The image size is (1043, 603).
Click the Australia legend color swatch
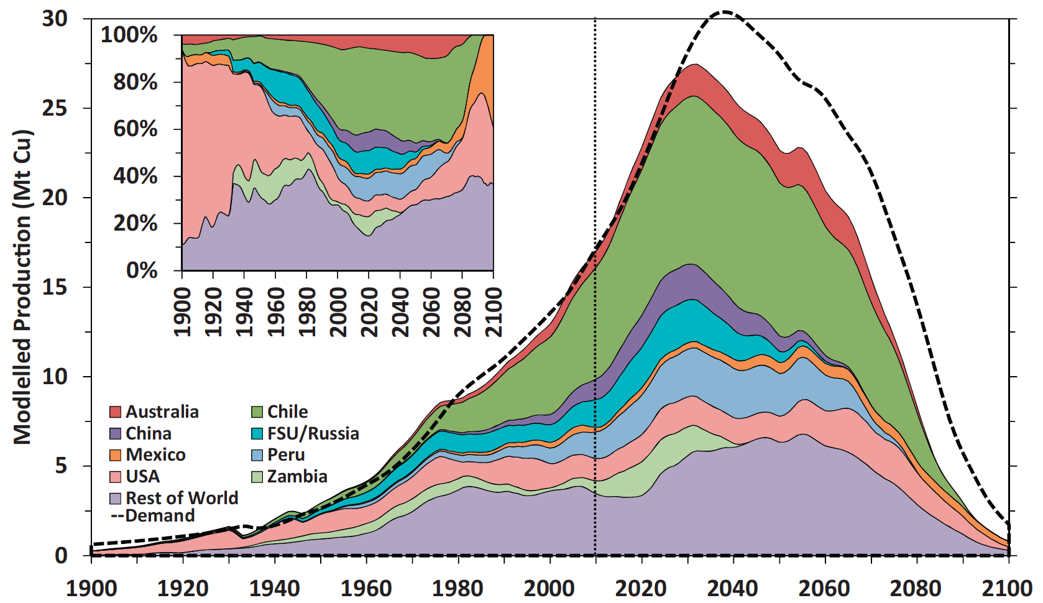click(x=116, y=412)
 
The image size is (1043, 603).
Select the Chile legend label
click(x=287, y=412)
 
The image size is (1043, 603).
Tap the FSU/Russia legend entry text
click(x=313, y=433)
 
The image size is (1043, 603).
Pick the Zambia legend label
click(x=297, y=477)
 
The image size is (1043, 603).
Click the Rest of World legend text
click(x=181, y=498)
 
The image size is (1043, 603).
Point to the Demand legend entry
click(x=153, y=516)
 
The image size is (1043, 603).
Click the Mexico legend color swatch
click(x=116, y=455)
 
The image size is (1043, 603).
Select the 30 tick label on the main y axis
click(x=55, y=19)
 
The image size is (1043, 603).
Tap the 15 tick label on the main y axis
click(x=55, y=287)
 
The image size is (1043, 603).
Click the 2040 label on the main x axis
click(x=733, y=588)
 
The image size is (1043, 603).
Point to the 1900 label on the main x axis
click(x=91, y=588)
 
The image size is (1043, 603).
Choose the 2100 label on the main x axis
click(x=1007, y=588)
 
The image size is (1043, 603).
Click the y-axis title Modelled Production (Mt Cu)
click(x=22, y=287)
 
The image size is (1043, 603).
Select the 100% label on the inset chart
click(x=129, y=35)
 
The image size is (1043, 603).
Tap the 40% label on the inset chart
click(x=135, y=176)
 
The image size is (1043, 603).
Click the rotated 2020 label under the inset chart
click(x=369, y=311)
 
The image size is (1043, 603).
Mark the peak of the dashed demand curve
click(x=724, y=11)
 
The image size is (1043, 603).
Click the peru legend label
click(x=286, y=455)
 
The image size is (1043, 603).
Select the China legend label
click(x=149, y=433)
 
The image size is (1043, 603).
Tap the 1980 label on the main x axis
click(x=457, y=588)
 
